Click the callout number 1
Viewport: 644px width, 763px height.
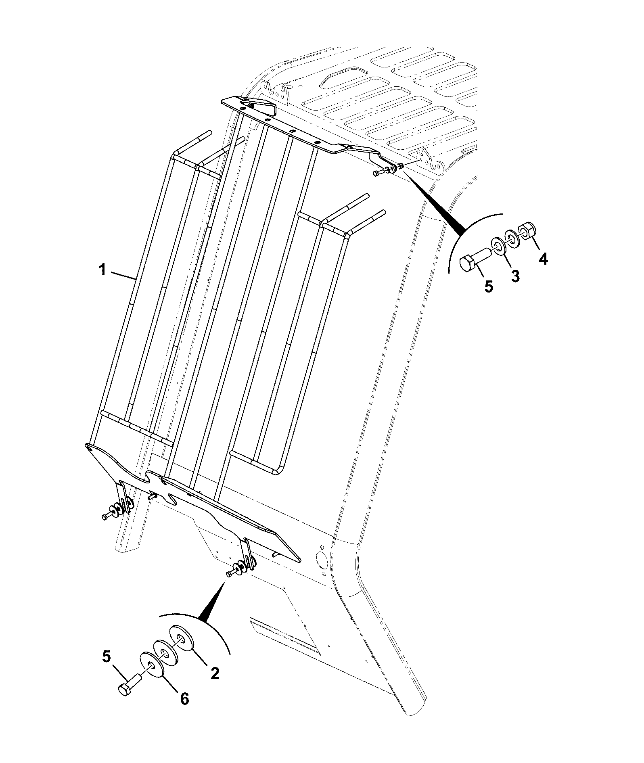pyautogui.click(x=103, y=269)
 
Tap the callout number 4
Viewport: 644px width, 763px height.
pyautogui.click(x=544, y=258)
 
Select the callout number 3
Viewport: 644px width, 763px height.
pyautogui.click(x=515, y=276)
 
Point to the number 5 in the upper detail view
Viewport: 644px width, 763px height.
pyautogui.click(x=489, y=286)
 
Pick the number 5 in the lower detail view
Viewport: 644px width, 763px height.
pyautogui.click(x=106, y=656)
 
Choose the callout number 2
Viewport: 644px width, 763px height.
pyautogui.click(x=215, y=673)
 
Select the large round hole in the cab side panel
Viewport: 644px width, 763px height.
pyautogui.click(x=322, y=560)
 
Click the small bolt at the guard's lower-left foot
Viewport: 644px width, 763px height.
pyautogui.click(x=108, y=516)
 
